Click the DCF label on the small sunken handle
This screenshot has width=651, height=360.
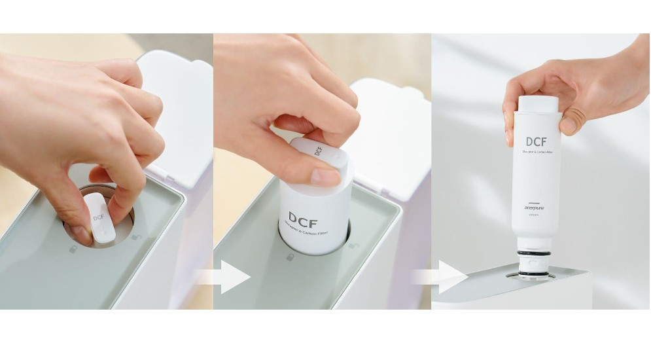99,216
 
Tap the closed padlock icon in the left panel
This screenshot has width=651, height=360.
74,249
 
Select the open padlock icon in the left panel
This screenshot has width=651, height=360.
135,236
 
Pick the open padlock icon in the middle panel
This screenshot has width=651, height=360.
354,245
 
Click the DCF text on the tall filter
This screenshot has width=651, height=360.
537,141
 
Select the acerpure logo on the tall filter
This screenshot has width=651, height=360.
536,209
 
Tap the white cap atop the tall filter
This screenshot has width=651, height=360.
538,103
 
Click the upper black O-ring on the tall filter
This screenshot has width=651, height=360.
535,252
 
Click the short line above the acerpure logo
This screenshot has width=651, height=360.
535,202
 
